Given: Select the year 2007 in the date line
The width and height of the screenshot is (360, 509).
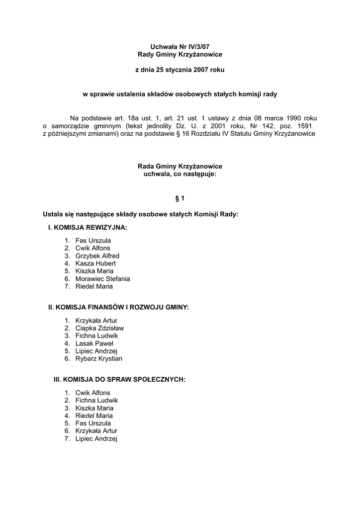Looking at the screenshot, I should click(200, 70).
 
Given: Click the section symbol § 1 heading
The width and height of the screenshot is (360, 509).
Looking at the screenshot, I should click(180, 198).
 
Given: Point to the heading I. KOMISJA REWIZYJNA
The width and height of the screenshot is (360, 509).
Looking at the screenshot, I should click(88, 228).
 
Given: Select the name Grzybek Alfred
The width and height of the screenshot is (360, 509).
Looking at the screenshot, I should click(97, 256).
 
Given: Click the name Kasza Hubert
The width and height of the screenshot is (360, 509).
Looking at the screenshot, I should click(95, 263).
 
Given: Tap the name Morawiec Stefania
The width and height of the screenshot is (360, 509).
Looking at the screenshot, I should click(102, 279).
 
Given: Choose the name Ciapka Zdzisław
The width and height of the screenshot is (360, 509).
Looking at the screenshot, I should click(99, 328).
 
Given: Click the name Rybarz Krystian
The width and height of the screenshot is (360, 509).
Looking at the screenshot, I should click(99, 358).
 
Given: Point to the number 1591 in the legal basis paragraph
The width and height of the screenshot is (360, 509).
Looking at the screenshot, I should click(307, 126).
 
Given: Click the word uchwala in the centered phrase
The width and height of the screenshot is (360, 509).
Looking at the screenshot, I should click(155, 174).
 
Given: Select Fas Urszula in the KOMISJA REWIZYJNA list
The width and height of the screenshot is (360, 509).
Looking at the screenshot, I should click(93, 241).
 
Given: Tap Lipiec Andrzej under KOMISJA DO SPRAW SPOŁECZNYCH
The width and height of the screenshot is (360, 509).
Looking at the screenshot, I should click(96, 438).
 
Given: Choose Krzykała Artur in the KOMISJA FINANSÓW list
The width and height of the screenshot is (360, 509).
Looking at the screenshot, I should click(96, 321).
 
